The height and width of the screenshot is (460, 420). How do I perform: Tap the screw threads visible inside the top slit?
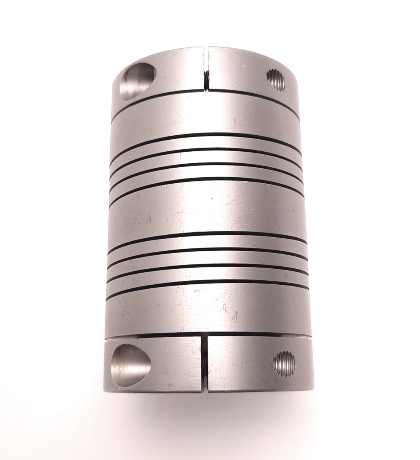[206, 79]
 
